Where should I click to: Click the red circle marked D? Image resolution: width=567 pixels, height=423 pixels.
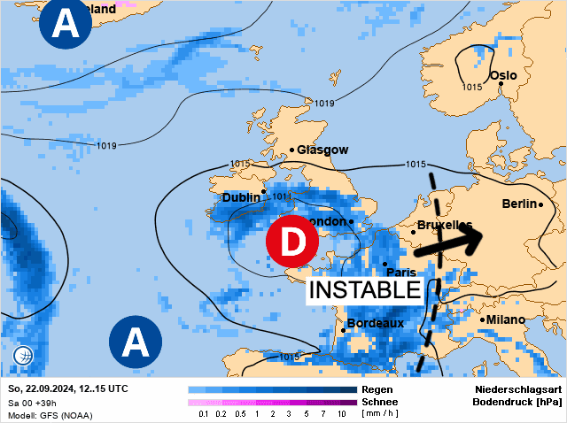click(291, 240)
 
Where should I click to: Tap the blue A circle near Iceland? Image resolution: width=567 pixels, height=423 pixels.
click(64, 22)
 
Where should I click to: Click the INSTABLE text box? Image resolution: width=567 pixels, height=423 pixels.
click(363, 290)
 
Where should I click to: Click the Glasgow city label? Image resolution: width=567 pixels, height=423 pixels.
click(322, 150)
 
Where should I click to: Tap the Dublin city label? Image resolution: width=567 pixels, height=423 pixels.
click(241, 197)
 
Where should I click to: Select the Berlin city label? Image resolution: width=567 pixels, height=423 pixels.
click(520, 204)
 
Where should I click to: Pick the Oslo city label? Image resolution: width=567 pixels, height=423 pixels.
click(502, 76)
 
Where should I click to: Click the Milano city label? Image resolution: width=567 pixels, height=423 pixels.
click(505, 319)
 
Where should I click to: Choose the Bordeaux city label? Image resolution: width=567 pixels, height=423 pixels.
click(375, 323)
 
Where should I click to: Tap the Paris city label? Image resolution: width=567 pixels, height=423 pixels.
click(401, 273)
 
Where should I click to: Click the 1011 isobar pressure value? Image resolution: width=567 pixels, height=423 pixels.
click(283, 196)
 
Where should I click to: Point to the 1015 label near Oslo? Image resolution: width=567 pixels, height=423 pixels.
click(471, 87)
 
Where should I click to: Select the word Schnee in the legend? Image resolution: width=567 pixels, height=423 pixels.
click(379, 401)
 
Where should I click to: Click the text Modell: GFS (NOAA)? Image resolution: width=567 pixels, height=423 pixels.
click(50, 415)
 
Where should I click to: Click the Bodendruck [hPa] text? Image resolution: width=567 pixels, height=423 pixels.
click(517, 402)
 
